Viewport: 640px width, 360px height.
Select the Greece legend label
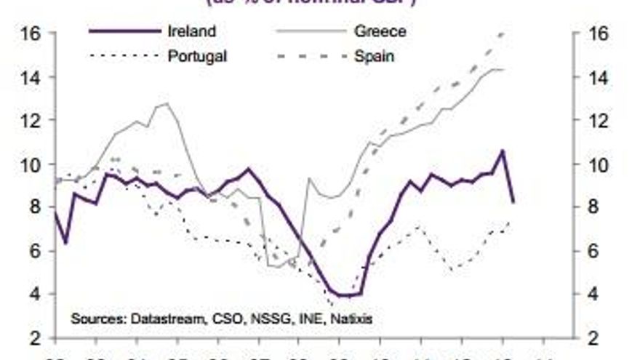pyautogui.click(x=380, y=31)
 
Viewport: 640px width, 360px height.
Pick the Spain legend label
pyautogui.click(x=375, y=55)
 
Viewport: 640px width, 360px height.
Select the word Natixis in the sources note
pyautogui.click(x=351, y=319)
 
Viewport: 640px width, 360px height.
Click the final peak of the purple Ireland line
pyautogui.click(x=501, y=151)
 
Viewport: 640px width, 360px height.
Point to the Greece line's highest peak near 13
pyautogui.click(x=167, y=103)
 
